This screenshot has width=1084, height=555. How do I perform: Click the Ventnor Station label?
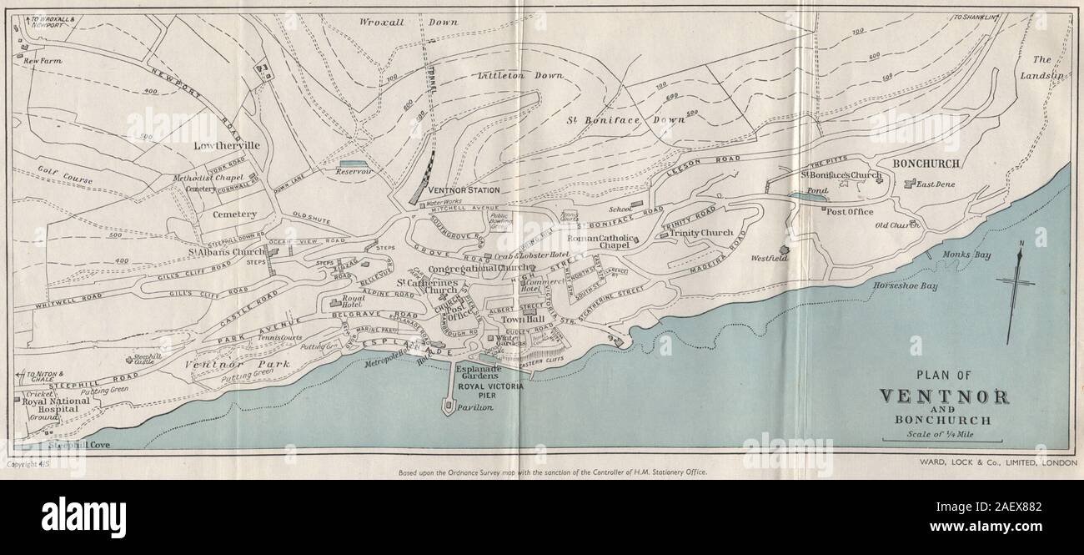click(x=463, y=190)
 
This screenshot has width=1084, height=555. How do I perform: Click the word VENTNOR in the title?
click(x=944, y=396)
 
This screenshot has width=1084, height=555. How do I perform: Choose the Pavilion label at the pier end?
click(x=474, y=408)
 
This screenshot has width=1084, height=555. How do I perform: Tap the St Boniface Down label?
click(x=626, y=119)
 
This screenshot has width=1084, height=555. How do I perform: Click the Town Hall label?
click(x=523, y=320)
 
